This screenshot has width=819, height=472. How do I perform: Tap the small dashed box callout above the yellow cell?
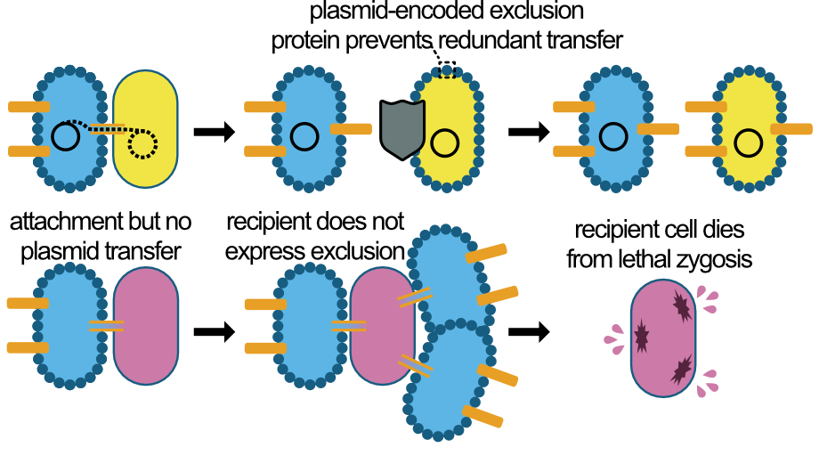[x=448, y=69]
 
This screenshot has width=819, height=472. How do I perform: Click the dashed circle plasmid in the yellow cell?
[x=142, y=142]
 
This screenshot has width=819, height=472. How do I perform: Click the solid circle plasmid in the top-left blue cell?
[x=65, y=135]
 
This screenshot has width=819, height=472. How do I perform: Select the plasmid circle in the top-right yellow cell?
[x=749, y=141]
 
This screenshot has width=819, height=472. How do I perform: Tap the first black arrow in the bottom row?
[x=214, y=332]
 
